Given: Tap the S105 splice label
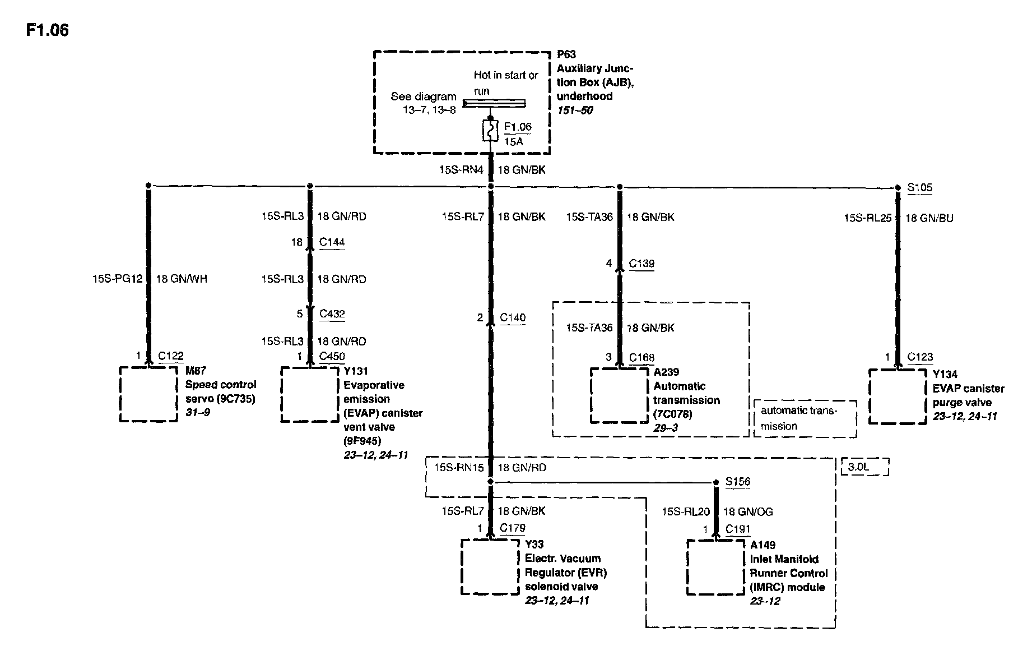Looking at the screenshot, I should [x=919, y=187].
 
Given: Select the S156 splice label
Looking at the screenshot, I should [x=737, y=482].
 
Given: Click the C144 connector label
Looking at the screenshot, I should [x=332, y=242].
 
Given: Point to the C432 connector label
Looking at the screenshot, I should [x=332, y=314].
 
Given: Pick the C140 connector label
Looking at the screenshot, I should [x=513, y=318].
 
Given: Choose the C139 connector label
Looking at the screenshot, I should [x=641, y=264].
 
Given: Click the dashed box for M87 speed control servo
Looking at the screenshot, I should [x=148, y=394].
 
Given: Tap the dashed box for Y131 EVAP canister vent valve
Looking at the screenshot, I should [x=310, y=394].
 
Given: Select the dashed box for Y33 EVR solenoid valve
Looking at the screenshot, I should [x=490, y=566].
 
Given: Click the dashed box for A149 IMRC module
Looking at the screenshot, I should [x=716, y=567].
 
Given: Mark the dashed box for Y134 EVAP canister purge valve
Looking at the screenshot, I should [x=898, y=396].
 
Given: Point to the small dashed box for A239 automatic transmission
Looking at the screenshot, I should [x=619, y=396].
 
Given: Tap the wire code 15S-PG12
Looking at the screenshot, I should [x=117, y=279].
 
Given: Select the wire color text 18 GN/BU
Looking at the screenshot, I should [x=929, y=218].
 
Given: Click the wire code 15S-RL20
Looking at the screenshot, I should [x=685, y=511].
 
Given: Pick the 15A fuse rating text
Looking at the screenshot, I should [x=513, y=142].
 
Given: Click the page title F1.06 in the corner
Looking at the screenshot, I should [x=47, y=30].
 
